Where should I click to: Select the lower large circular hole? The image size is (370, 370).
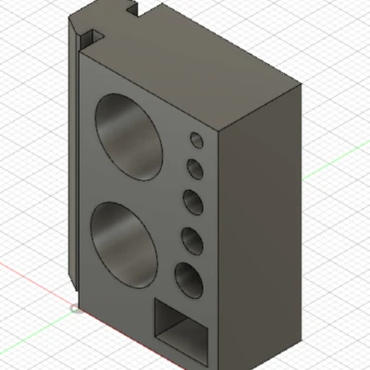point(124,243)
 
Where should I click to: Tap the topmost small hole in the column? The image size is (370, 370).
point(197,140)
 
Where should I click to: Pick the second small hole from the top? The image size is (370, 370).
point(195,169)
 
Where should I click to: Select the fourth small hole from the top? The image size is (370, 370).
point(191,240)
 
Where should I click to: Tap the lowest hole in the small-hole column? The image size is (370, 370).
point(188,279)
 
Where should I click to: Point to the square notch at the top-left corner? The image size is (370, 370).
point(90,37)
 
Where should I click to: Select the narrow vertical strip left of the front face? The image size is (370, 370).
point(74,166)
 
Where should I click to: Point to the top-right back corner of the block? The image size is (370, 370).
point(301,83)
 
